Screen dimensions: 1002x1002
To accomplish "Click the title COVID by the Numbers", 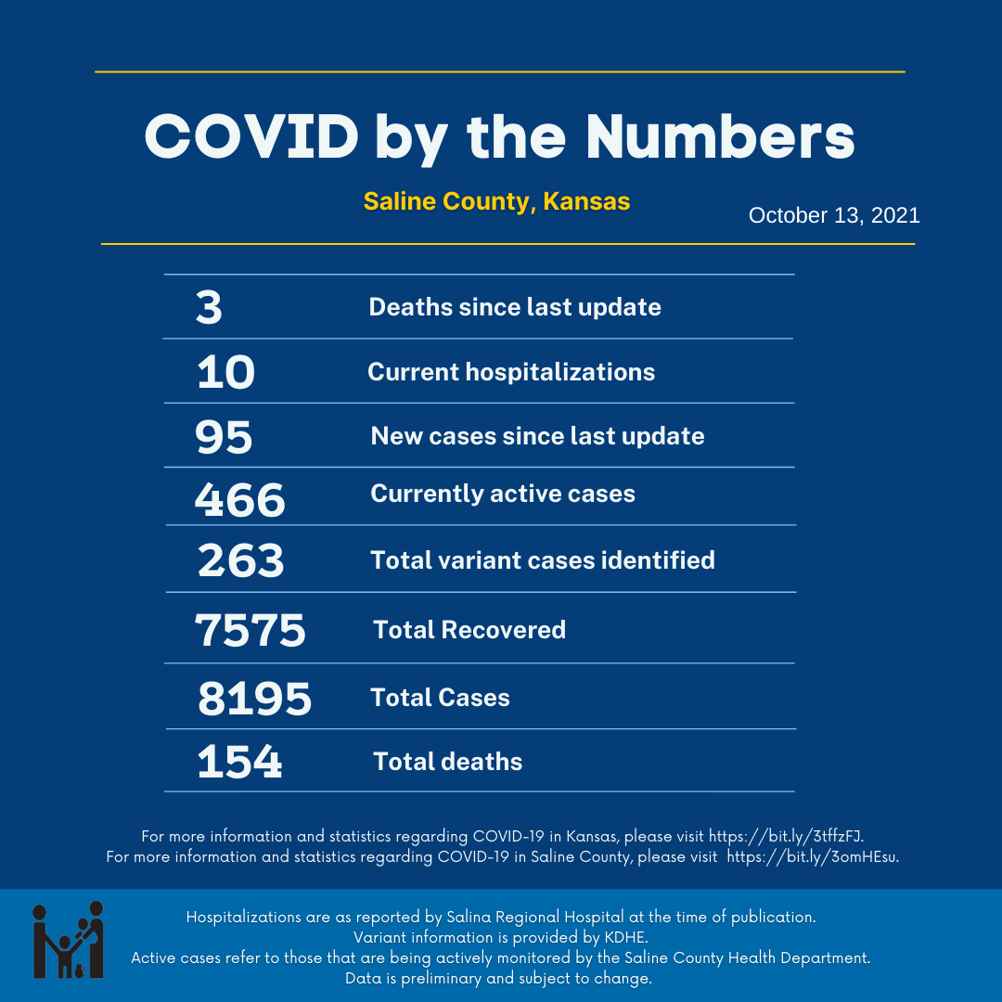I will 499,138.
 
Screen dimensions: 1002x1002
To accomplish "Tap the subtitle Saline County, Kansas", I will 496,201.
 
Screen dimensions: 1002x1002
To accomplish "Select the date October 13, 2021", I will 834,215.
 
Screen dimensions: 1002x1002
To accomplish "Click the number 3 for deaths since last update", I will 210,308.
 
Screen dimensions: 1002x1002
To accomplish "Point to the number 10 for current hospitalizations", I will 225,373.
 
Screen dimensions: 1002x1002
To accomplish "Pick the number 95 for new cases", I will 224,437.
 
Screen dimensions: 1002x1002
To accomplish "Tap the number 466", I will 239,500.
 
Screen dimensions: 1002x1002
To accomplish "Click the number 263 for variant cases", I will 240,560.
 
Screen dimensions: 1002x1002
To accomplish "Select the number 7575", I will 250,631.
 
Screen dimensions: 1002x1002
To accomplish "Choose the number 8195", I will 254,699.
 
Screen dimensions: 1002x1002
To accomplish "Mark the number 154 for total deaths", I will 239,762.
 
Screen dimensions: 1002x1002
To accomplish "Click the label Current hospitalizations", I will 511,372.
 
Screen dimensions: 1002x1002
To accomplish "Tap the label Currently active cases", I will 503,494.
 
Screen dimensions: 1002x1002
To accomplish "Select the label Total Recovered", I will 469,630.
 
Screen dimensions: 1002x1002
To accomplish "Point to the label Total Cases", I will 440,698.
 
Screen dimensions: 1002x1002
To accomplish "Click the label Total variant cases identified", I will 543,560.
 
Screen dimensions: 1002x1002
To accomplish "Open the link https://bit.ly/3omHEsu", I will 812,856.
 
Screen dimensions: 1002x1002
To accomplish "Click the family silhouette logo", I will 69,940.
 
